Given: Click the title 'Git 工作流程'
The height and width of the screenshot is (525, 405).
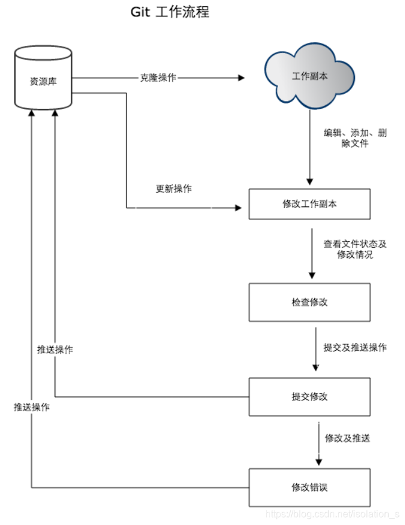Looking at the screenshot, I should point(170,11).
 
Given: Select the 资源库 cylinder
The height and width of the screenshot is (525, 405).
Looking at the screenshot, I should point(43,80).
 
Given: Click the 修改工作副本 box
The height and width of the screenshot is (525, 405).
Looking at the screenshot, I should point(309,204).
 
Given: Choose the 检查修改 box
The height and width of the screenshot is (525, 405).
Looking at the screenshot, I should point(309,302).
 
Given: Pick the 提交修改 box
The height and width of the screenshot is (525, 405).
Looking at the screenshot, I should point(309,397).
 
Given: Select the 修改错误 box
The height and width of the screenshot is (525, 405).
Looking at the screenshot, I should point(309,487).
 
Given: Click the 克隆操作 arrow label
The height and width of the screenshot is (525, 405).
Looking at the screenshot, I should point(159,77).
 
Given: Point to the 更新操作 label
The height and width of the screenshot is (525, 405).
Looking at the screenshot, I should point(173,189).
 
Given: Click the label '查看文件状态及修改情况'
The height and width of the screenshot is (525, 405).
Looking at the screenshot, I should point(354,249).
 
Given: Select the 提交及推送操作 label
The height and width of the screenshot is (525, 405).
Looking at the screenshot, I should point(355,348).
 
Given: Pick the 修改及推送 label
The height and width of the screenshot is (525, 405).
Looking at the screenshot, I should point(347,439).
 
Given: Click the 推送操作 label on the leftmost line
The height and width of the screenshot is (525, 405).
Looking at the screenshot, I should point(31,407).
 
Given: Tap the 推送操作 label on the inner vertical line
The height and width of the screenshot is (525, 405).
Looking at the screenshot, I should point(55,350).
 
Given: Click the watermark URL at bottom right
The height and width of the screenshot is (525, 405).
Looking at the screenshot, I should point(333,514).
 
